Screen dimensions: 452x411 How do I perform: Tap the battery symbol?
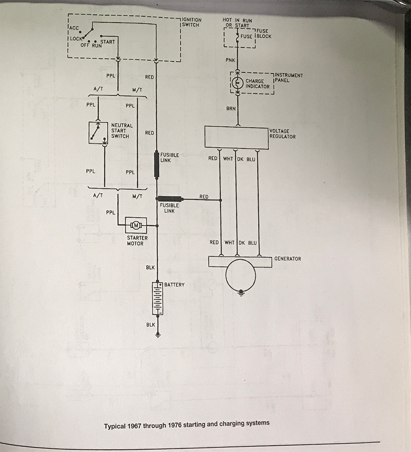[x=158, y=298]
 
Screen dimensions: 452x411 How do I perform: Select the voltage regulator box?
[x=237, y=137]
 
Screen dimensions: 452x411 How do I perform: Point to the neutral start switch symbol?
[x=98, y=132]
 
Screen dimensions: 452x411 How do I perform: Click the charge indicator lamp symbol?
[x=237, y=83]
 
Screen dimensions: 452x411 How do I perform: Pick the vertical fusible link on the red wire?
[x=157, y=164]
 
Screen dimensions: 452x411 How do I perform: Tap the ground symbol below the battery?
[x=158, y=335]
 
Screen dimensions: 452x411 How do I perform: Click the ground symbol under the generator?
[x=241, y=293]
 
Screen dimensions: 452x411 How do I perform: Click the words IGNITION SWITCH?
[x=192, y=22]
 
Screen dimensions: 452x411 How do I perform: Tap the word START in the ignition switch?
[x=107, y=42]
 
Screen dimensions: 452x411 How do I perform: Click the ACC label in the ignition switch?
[x=74, y=28]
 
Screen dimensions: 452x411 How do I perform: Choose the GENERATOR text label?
[x=288, y=259]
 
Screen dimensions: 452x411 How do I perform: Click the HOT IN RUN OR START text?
[x=237, y=23]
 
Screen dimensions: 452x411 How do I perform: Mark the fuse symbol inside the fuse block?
[x=237, y=37]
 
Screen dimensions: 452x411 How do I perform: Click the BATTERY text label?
[x=174, y=285]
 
